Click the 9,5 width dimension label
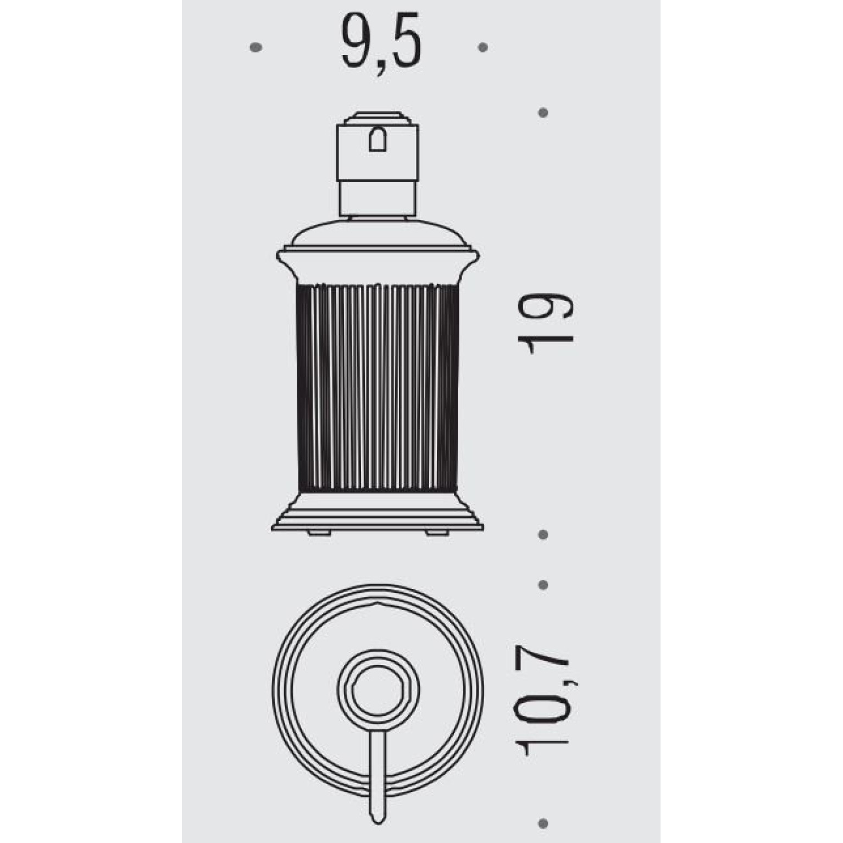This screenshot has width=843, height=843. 381,44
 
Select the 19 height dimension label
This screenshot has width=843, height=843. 545,324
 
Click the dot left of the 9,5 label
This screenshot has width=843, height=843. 256,47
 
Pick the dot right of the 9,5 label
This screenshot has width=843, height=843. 483,47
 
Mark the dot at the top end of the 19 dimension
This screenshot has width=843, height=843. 543,113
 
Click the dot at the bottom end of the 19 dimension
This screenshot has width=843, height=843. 543,535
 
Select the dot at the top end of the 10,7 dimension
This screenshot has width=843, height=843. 543,584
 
